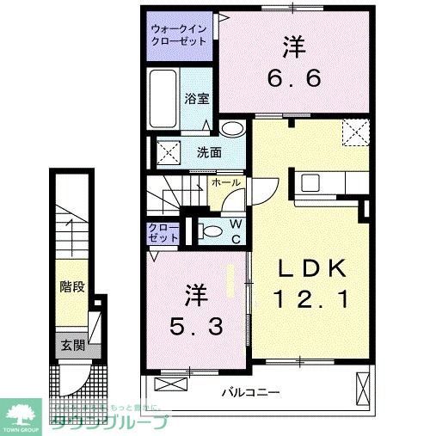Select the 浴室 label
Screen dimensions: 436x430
pyautogui.click(x=196, y=99)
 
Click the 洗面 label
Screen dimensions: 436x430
pyautogui.click(x=209, y=154)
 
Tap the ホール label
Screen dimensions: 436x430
pyautogui.click(x=226, y=183)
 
